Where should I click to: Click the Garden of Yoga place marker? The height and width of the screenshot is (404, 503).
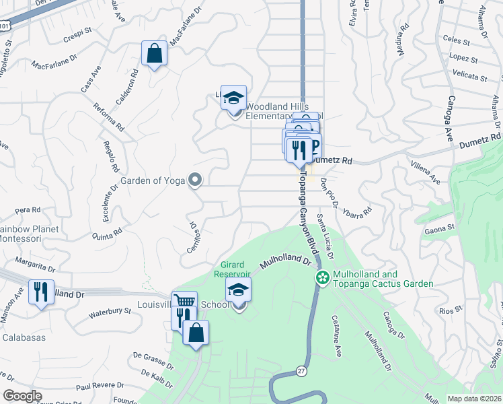(195, 180)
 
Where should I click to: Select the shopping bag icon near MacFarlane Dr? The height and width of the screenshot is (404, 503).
(155, 54)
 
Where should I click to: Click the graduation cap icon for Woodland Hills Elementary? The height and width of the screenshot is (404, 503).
(233, 98)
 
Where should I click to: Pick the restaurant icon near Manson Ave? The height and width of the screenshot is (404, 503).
(41, 292)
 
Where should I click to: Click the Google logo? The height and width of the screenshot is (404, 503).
(22, 397)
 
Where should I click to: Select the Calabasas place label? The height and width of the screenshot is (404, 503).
(24, 337)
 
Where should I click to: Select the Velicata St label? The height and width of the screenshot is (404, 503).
(470, 76)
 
